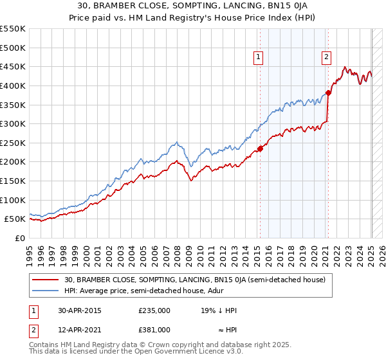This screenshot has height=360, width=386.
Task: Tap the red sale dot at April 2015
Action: pos(260,148)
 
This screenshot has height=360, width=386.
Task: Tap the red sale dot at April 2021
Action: pos(328,93)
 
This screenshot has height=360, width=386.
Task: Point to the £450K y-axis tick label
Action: pos(12,66)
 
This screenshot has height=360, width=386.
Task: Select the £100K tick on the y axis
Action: pos(12,200)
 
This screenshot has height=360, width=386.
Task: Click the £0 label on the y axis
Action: pos(20,238)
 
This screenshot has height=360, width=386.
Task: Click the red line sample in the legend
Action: pos(46,280)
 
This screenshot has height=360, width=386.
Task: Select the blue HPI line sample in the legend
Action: pos(46,291)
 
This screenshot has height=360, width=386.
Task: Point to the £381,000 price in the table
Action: pos(154,330)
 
